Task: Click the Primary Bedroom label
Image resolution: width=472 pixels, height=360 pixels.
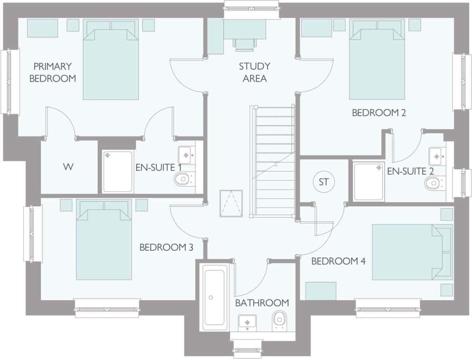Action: (x=52, y=72)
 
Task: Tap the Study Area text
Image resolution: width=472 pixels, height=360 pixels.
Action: (x=255, y=72)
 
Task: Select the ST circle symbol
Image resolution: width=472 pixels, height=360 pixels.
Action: (x=324, y=182)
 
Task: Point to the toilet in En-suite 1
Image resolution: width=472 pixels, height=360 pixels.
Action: (x=183, y=179)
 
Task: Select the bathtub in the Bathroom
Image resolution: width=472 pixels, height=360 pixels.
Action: (x=214, y=297)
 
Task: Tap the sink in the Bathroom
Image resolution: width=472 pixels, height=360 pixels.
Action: (x=247, y=322)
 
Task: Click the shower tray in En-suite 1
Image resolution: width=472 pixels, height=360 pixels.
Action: (x=118, y=171)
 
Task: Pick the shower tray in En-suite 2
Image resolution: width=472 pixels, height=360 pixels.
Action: (x=369, y=181)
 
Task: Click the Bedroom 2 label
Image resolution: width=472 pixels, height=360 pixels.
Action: (x=379, y=113)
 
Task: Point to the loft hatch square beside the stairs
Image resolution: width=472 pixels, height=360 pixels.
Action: (x=231, y=202)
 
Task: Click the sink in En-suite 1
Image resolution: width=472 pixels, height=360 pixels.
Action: (x=186, y=155)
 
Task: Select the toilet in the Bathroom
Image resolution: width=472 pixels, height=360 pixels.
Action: (x=280, y=320)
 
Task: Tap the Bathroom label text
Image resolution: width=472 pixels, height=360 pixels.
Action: (x=262, y=303)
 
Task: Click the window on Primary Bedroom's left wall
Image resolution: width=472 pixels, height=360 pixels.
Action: (x=10, y=82)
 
